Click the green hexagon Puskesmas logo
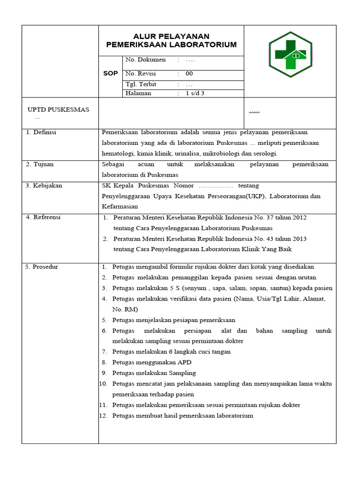point(290,55)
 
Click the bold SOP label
point(110,74)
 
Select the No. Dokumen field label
point(145,60)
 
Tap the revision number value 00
point(189,74)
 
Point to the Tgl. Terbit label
point(141,84)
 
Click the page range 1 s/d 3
point(195,93)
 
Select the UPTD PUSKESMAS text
point(58,110)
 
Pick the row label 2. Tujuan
point(40,165)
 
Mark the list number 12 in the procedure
point(104,416)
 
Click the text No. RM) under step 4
point(125,309)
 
